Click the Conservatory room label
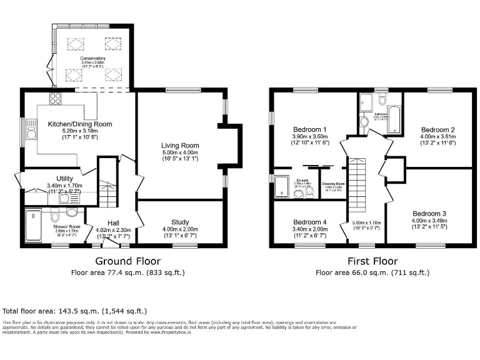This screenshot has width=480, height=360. tap(92, 58)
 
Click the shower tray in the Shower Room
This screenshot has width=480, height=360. tap(32, 226)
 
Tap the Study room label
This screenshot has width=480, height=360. tap(180, 222)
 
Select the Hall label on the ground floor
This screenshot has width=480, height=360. tap(112, 222)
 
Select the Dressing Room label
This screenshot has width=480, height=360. tap(332, 183)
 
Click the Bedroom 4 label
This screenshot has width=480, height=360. tap(309, 222)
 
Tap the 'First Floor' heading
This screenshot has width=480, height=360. tap(372, 261)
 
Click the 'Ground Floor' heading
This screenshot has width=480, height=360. tap(127, 261)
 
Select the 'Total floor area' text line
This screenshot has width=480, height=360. tap(75, 311)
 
